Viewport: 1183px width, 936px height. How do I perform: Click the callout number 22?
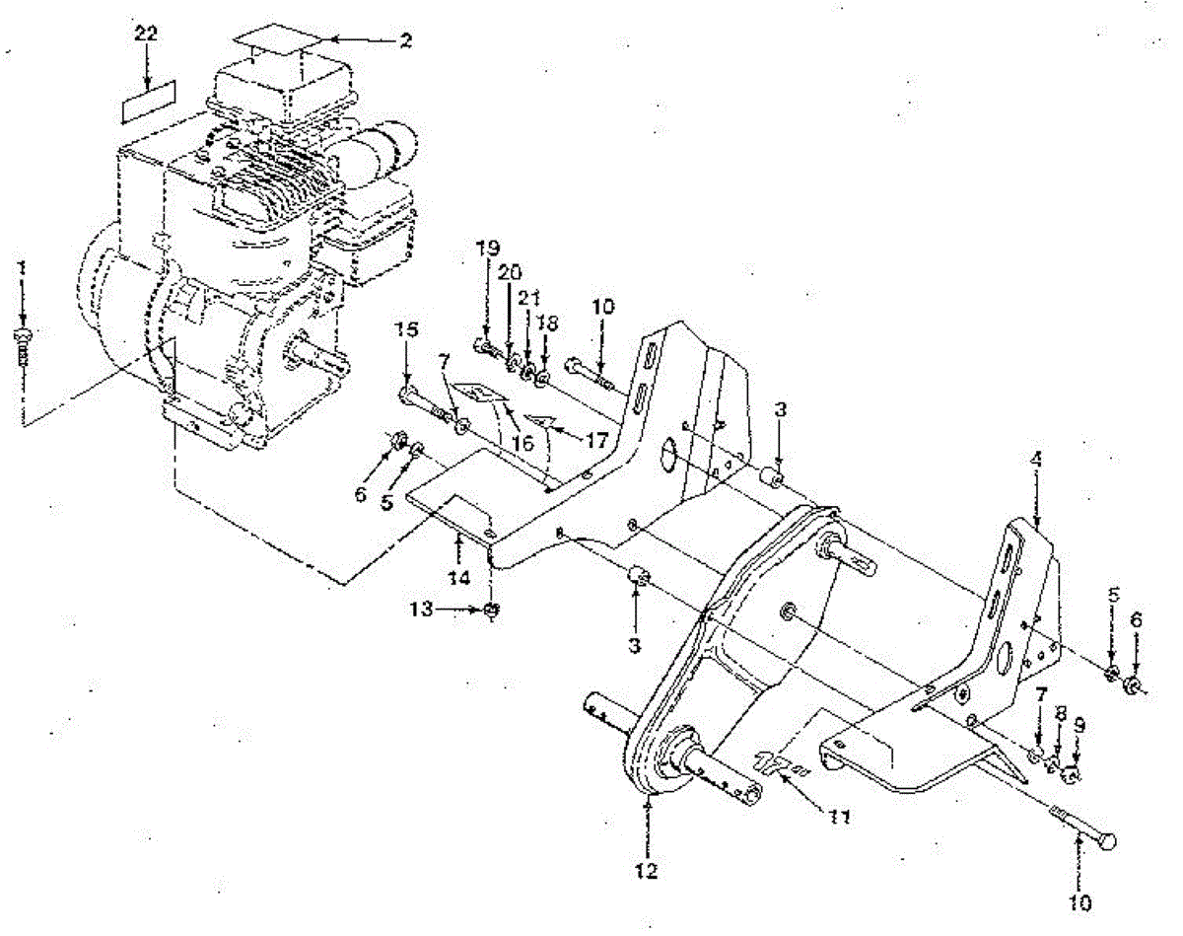(146, 34)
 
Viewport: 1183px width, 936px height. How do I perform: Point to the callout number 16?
(522, 444)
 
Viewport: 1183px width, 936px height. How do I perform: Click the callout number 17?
(595, 441)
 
